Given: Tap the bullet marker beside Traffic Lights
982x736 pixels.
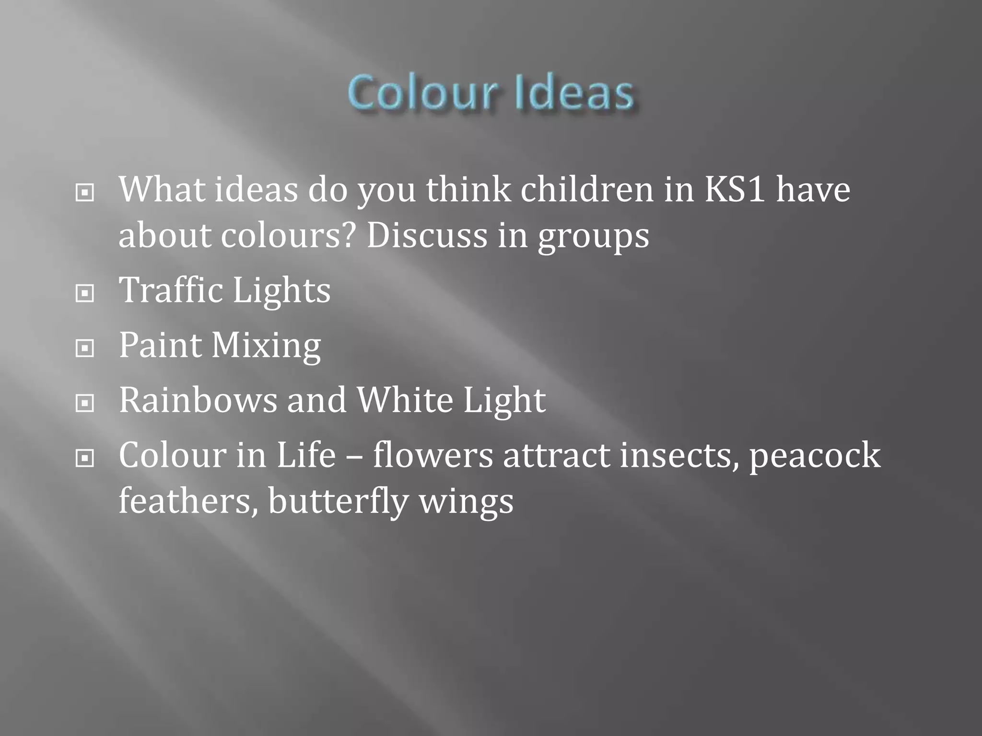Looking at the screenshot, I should pos(85,293).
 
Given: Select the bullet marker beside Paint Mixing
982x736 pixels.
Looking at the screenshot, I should pos(85,348).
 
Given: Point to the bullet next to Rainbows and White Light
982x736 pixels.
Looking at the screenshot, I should pos(85,403).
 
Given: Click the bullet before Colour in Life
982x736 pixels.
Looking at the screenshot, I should pos(85,458).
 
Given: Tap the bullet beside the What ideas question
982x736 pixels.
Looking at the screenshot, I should pos(85,193).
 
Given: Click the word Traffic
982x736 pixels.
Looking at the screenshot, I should pos(171,290).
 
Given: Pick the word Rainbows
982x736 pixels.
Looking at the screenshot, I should pos(198,401).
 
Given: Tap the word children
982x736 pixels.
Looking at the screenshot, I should pos(587,190).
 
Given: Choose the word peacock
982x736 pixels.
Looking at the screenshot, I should pos(815,456).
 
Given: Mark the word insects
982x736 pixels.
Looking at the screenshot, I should pos(679,456).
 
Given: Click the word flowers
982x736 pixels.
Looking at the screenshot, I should pos(433,456).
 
